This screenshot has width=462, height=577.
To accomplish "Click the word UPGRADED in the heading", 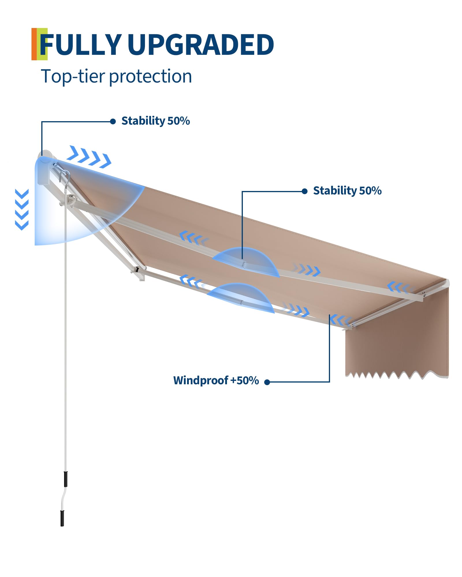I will pos(200,45).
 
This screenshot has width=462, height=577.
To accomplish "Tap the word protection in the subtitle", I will pos(150,77).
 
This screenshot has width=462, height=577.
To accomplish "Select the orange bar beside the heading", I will pos(34,44).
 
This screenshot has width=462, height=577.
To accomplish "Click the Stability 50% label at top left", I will pos(155,121).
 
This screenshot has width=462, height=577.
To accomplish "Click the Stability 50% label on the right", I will pos(347,191).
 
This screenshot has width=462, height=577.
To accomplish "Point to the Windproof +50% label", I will pos(216,381).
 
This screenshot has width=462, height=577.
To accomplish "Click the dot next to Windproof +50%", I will pos(267,382).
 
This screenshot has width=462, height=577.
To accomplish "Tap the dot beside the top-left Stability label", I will pos(113,121).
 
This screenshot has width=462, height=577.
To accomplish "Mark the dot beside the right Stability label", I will pos(304,191).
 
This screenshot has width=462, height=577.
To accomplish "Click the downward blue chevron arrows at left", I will pos(22,209).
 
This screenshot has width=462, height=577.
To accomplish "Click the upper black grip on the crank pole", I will pos(66,479).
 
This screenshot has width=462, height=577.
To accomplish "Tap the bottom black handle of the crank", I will pos(62,518).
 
